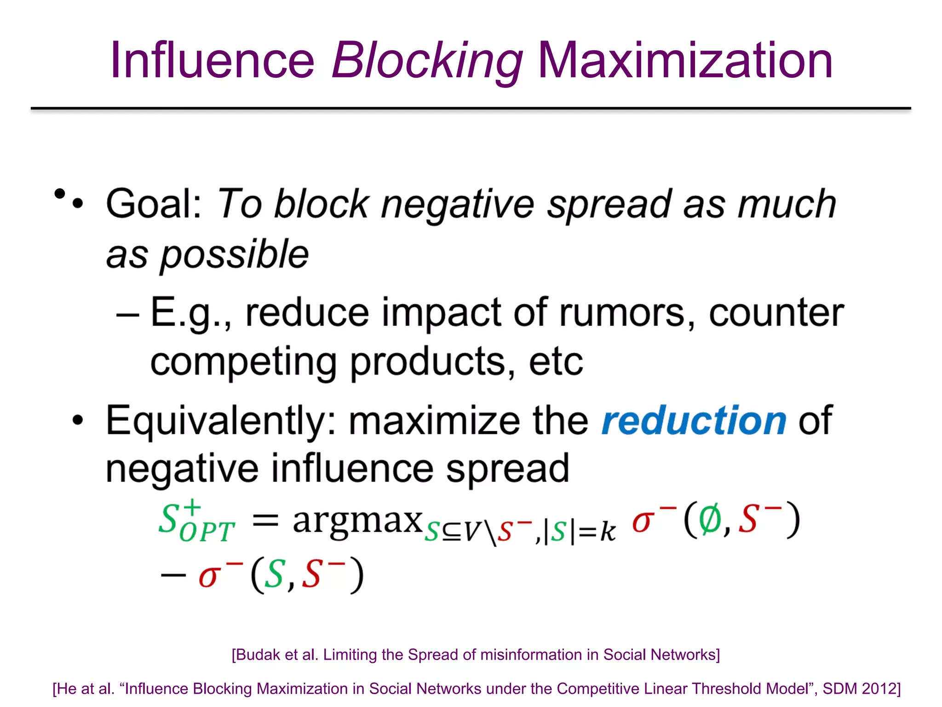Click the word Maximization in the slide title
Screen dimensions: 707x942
(x=685, y=61)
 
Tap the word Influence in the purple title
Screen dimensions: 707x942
(x=212, y=61)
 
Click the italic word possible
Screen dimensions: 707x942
(x=234, y=255)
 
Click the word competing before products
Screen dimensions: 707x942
(x=243, y=363)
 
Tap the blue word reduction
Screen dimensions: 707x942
(x=694, y=421)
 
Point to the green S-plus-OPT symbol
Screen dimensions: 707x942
(x=195, y=522)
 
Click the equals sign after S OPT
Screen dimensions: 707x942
(x=266, y=522)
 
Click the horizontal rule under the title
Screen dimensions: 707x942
(x=471, y=109)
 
